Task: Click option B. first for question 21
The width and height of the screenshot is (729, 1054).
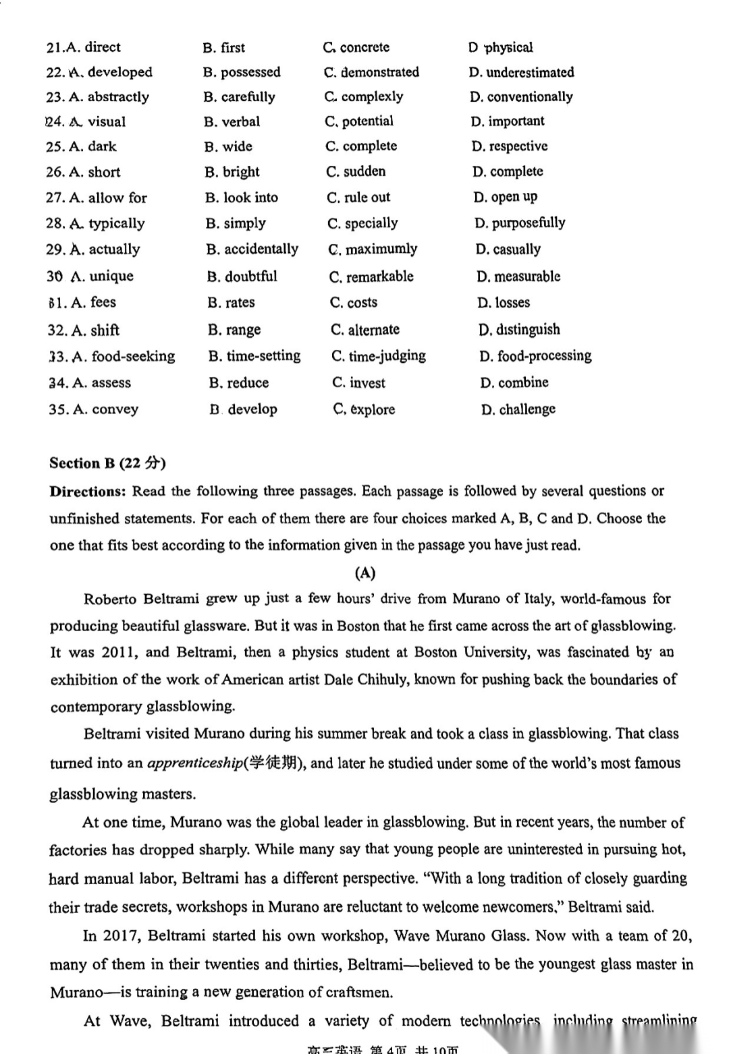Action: [x=224, y=47]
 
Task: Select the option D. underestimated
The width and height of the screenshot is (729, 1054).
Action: [x=522, y=72]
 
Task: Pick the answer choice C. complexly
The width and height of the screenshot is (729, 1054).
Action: [x=364, y=96]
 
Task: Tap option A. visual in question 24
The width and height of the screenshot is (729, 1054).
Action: [x=98, y=121]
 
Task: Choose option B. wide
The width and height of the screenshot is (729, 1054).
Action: [x=229, y=146]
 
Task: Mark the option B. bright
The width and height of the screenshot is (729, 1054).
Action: [x=232, y=172]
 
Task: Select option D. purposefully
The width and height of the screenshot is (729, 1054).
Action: [x=520, y=223]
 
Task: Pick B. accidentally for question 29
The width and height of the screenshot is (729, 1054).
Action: [x=252, y=249]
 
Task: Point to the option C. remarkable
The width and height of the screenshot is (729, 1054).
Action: [x=371, y=276]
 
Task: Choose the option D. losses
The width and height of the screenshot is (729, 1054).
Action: [x=504, y=303]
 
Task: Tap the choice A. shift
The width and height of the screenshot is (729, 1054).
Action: [x=95, y=330]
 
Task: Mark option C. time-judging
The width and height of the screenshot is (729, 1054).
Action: [x=379, y=356]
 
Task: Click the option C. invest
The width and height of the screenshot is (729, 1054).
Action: [x=358, y=383]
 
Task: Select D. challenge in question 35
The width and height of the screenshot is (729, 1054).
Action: [x=518, y=409]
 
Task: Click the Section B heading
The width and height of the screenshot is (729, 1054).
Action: [x=107, y=463]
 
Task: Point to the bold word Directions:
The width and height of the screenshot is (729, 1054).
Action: [x=88, y=491]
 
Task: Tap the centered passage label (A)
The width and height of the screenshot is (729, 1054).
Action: [x=364, y=573]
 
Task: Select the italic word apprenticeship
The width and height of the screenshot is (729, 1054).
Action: [x=195, y=763]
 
